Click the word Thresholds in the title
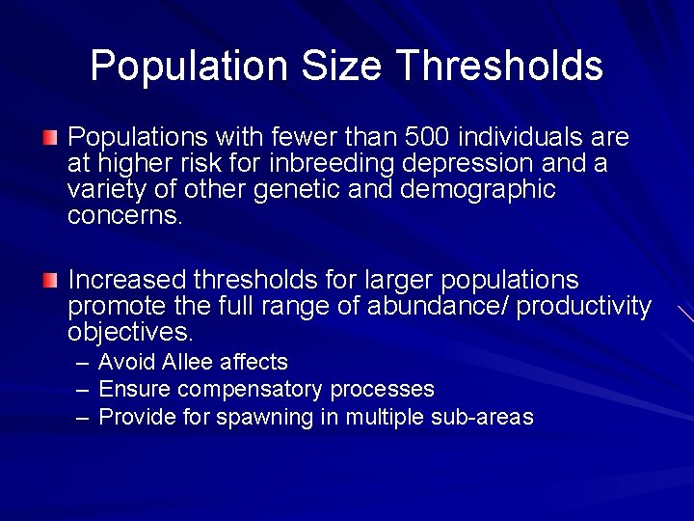tap(499, 66)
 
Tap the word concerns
tap(123, 215)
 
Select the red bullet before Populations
tap(50, 137)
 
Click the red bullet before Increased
tap(50, 280)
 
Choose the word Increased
tap(126, 280)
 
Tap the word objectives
tap(130, 333)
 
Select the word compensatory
tap(251, 390)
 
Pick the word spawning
tap(258, 418)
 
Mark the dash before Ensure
tap(83, 390)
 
